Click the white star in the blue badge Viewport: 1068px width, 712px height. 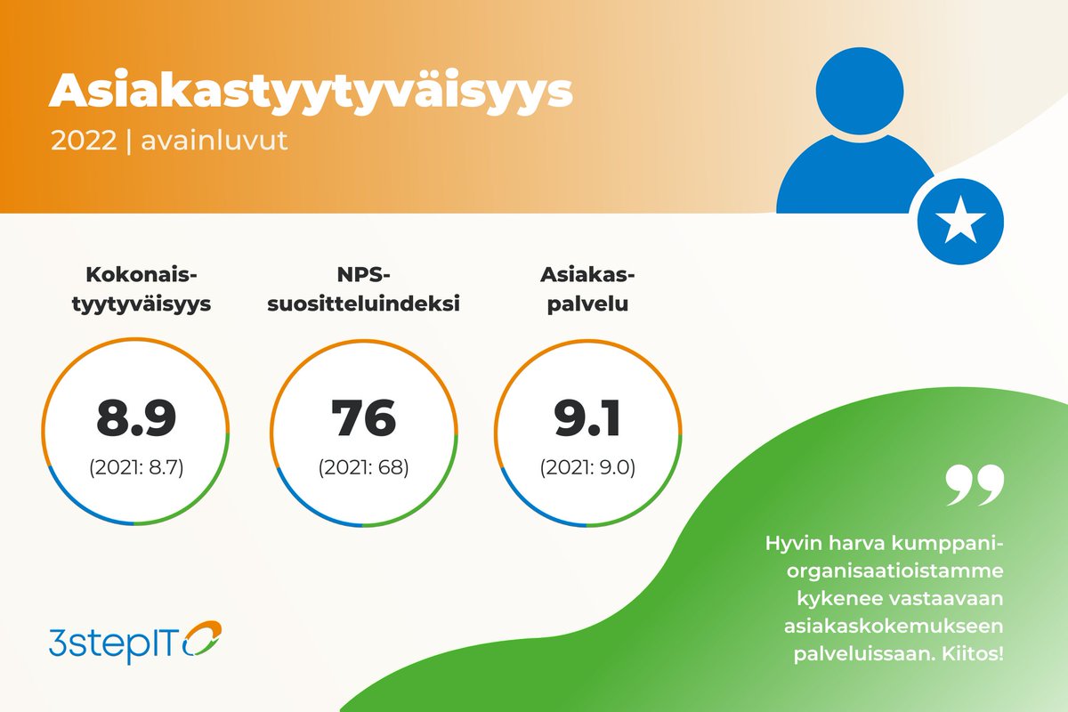point(960,222)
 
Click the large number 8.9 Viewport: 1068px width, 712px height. point(136,418)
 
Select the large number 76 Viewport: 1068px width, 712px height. point(363,418)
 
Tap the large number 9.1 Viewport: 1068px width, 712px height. point(587,418)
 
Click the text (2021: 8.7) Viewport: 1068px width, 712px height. point(136,468)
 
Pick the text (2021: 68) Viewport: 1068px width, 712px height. point(363,468)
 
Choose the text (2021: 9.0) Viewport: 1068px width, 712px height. point(587,468)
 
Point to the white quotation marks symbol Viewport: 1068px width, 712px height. point(974,486)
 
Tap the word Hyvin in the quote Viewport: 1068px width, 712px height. point(792,542)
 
